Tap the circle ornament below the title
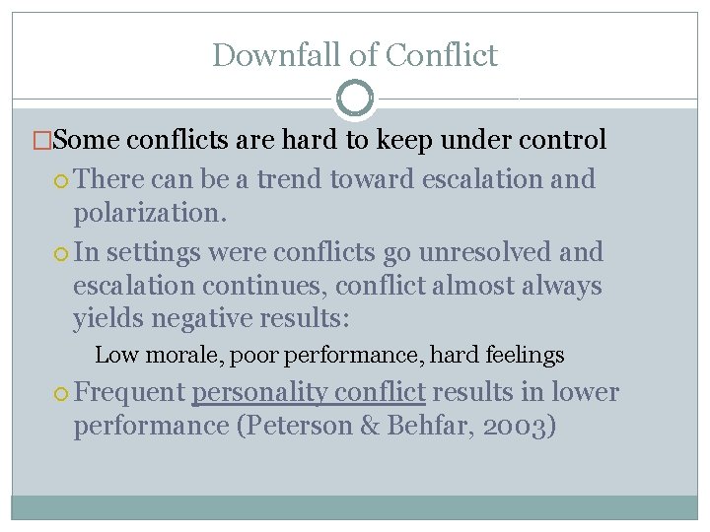pos(355,99)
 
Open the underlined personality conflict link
pos(309,392)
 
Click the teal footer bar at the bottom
pos(355,506)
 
